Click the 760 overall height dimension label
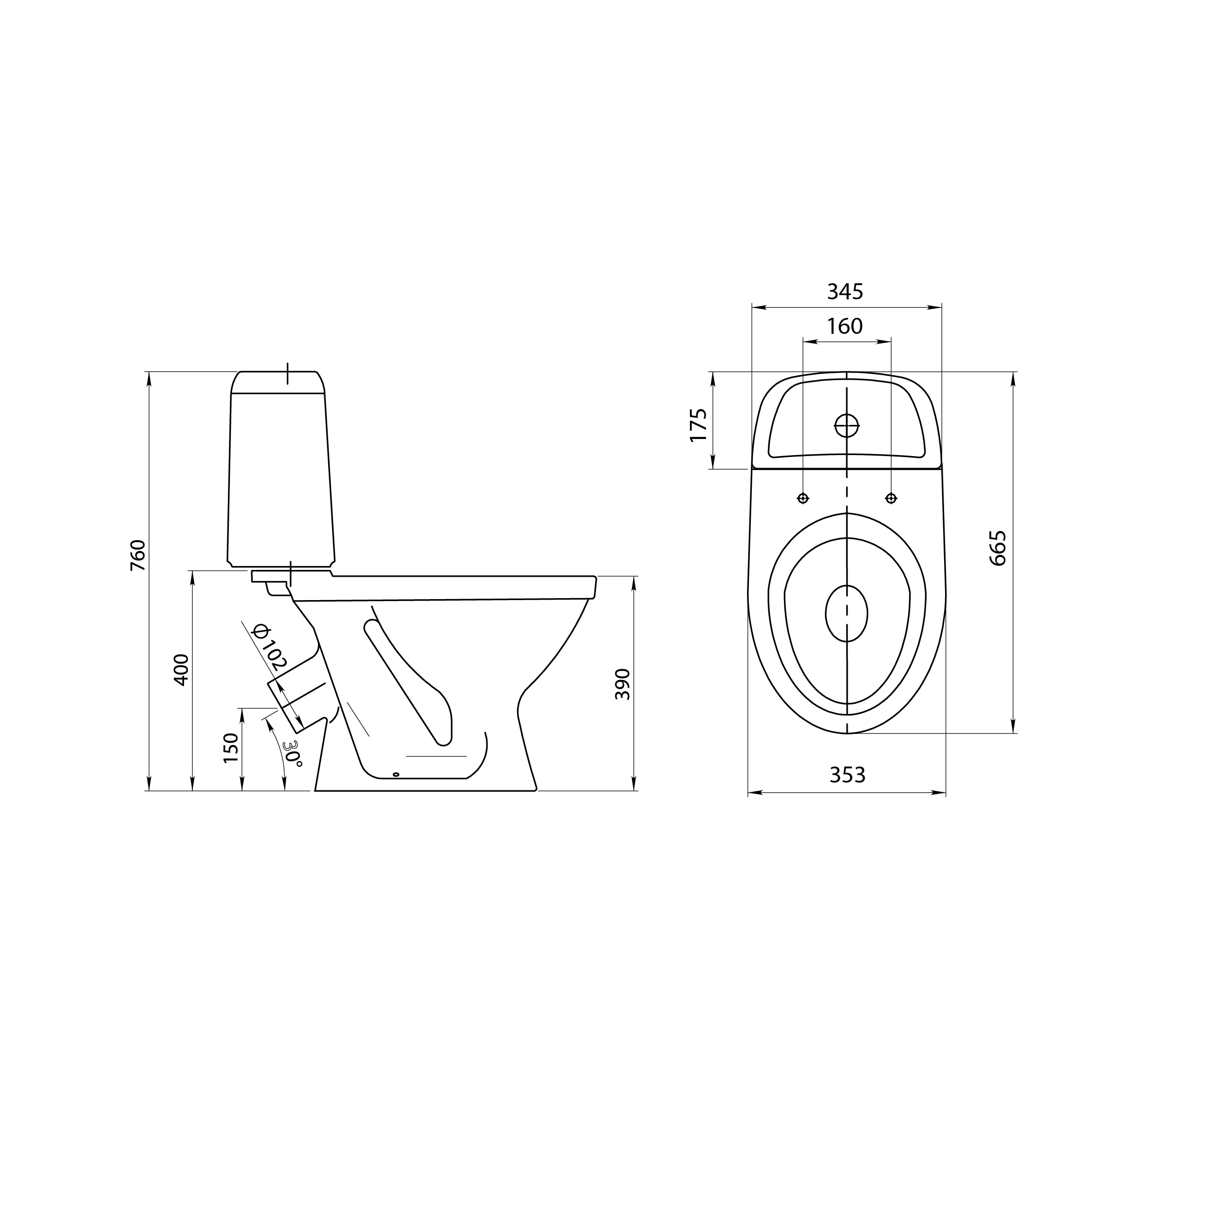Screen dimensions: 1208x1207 click(138, 555)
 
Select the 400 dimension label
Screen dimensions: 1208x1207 click(181, 670)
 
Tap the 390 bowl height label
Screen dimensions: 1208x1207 click(622, 684)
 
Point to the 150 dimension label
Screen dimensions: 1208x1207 click(231, 748)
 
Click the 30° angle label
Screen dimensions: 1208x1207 click(292, 753)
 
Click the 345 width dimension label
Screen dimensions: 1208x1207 click(845, 291)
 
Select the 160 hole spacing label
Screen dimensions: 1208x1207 click(845, 326)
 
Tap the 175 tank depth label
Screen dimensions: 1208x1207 click(698, 425)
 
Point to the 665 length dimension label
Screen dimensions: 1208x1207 click(998, 548)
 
